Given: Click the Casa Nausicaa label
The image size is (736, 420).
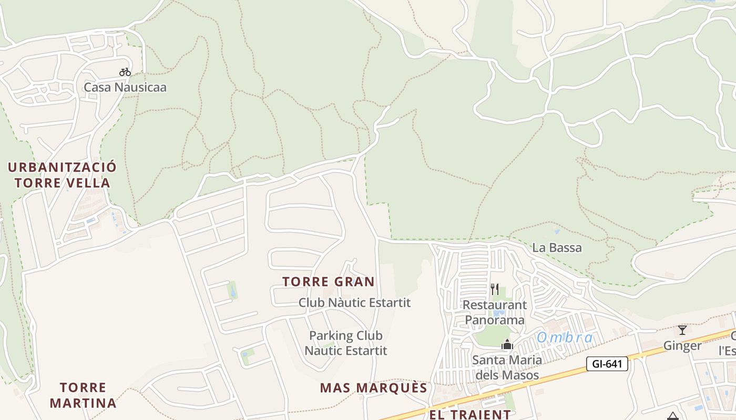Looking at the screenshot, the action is tap(125, 87).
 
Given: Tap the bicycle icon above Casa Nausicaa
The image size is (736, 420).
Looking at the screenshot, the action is tap(125, 72).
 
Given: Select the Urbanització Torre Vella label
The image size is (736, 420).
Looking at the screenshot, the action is tap(62, 175).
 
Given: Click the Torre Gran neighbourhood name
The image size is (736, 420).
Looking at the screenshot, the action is tap(329, 282).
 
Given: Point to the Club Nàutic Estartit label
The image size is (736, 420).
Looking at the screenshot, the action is tap(354, 303).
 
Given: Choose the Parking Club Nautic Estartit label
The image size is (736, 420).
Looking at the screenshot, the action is tap(346, 343).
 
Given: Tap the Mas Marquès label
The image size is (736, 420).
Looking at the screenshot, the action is tap(374, 388).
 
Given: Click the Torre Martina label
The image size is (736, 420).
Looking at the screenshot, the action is tap(83, 395).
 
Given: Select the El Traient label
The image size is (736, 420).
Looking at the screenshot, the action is tap(470, 414).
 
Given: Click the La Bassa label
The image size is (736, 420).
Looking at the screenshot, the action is tap(557, 248).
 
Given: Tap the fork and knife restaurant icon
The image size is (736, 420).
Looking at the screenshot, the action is tap(494, 289).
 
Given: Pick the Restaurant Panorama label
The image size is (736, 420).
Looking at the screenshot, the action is tap(494, 312).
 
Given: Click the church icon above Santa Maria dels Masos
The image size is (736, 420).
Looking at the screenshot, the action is tap(507, 345).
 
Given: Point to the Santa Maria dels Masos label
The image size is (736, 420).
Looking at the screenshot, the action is tap(507, 367).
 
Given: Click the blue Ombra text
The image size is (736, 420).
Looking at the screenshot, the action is tap(565, 338).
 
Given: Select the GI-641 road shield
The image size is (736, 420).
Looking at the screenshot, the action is tap(607, 363).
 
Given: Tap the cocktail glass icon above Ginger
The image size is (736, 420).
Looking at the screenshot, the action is tap(682, 330).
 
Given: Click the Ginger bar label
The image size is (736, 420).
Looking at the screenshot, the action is tap(682, 345).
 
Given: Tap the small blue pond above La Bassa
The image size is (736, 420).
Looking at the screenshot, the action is tap(557, 231).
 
